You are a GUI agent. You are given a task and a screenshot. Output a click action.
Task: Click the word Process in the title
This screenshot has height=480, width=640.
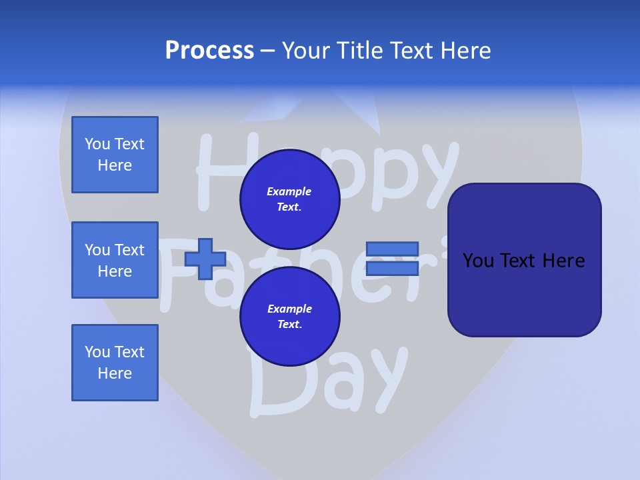point(209,51)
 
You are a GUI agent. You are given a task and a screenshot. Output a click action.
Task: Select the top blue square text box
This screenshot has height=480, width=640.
point(115,155)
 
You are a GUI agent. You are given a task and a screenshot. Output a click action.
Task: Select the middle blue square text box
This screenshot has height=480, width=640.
point(115,260)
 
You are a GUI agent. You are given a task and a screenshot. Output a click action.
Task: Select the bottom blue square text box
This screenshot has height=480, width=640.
point(115,363)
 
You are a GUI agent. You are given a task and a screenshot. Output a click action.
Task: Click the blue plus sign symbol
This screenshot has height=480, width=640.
point(205,259)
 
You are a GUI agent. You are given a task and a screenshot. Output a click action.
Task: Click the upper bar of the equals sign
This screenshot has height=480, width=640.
point(393,249)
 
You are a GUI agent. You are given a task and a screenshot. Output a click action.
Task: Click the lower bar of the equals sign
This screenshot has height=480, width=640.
point(393,269)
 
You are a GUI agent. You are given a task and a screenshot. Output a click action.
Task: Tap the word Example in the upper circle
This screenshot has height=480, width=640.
point(289,192)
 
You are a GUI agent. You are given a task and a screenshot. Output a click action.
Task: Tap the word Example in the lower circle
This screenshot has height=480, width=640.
point(289,309)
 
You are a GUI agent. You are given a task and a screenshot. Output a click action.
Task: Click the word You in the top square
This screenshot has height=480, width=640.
point(97,144)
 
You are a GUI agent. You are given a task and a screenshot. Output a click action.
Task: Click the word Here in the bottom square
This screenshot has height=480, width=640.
point(115,373)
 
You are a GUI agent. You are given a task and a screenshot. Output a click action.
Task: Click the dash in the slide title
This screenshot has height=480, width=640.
point(268,51)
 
